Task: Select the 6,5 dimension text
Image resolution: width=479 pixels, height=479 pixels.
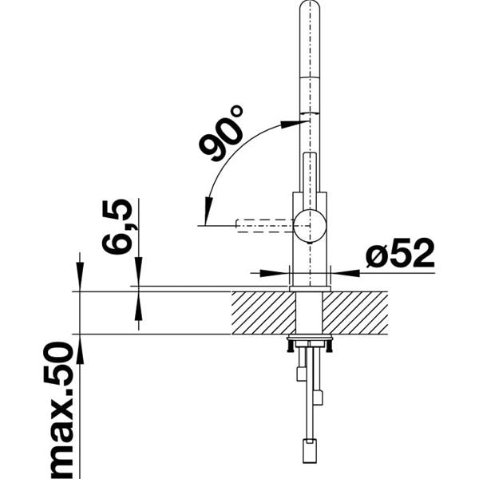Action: coord(117,227)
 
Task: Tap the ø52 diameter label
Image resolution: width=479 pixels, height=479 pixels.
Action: coord(399,255)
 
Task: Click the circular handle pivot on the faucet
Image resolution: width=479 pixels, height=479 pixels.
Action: coord(309,226)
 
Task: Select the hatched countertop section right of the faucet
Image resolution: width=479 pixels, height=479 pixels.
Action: coord(355,312)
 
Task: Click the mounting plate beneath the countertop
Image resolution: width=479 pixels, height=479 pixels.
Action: coord(309,342)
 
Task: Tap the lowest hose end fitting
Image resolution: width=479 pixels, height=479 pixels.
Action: coord(308,450)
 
